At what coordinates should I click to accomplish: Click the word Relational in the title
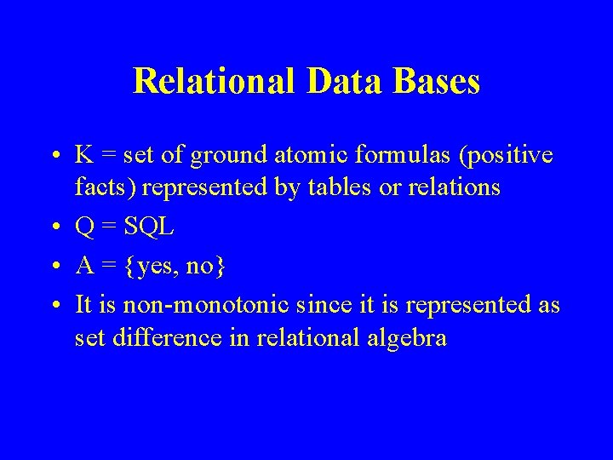point(211,82)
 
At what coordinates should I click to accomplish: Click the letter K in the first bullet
point(83,156)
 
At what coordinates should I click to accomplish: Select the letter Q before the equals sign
point(84,227)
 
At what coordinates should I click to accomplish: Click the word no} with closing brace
point(206,267)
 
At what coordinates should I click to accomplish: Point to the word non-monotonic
point(208,305)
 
